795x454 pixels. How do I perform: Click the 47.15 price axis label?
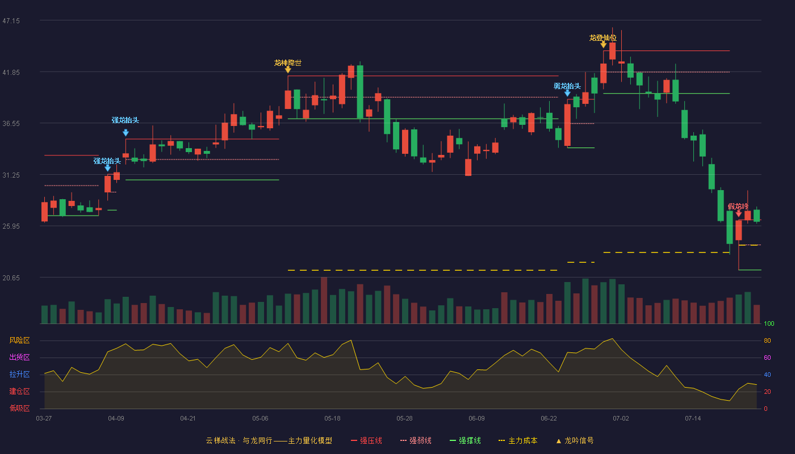pyautogui.click(x=11, y=21)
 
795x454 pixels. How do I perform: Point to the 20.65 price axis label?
pyautogui.click(x=11, y=278)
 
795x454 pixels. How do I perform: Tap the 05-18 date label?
pyautogui.click(x=332, y=419)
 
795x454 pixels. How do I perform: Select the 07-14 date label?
pyautogui.click(x=693, y=419)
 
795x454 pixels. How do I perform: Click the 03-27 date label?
pyautogui.click(x=44, y=419)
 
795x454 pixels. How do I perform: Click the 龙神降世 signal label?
pyautogui.click(x=288, y=63)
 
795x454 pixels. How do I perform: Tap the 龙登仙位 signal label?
pyautogui.click(x=603, y=37)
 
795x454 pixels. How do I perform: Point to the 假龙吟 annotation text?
pyautogui.click(x=738, y=207)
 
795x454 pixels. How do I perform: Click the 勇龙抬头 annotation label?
pyautogui.click(x=567, y=86)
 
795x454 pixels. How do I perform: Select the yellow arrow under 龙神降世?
pyautogui.click(x=288, y=70)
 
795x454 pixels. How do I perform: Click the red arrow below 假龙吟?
pyautogui.click(x=739, y=213)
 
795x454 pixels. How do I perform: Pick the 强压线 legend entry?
pyautogui.click(x=366, y=440)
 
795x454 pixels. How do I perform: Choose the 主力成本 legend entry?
pyautogui.click(x=518, y=440)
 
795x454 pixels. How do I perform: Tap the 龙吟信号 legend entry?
pyautogui.click(x=575, y=440)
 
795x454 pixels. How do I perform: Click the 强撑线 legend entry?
pyautogui.click(x=465, y=440)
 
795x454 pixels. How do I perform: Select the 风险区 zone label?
pyautogui.click(x=19, y=340)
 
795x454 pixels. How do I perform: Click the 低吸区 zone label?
pyautogui.click(x=19, y=408)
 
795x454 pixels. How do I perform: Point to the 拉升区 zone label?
pyautogui.click(x=19, y=374)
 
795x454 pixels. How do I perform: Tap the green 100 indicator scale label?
pyautogui.click(x=769, y=323)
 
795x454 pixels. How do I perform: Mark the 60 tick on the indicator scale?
pyautogui.click(x=767, y=358)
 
